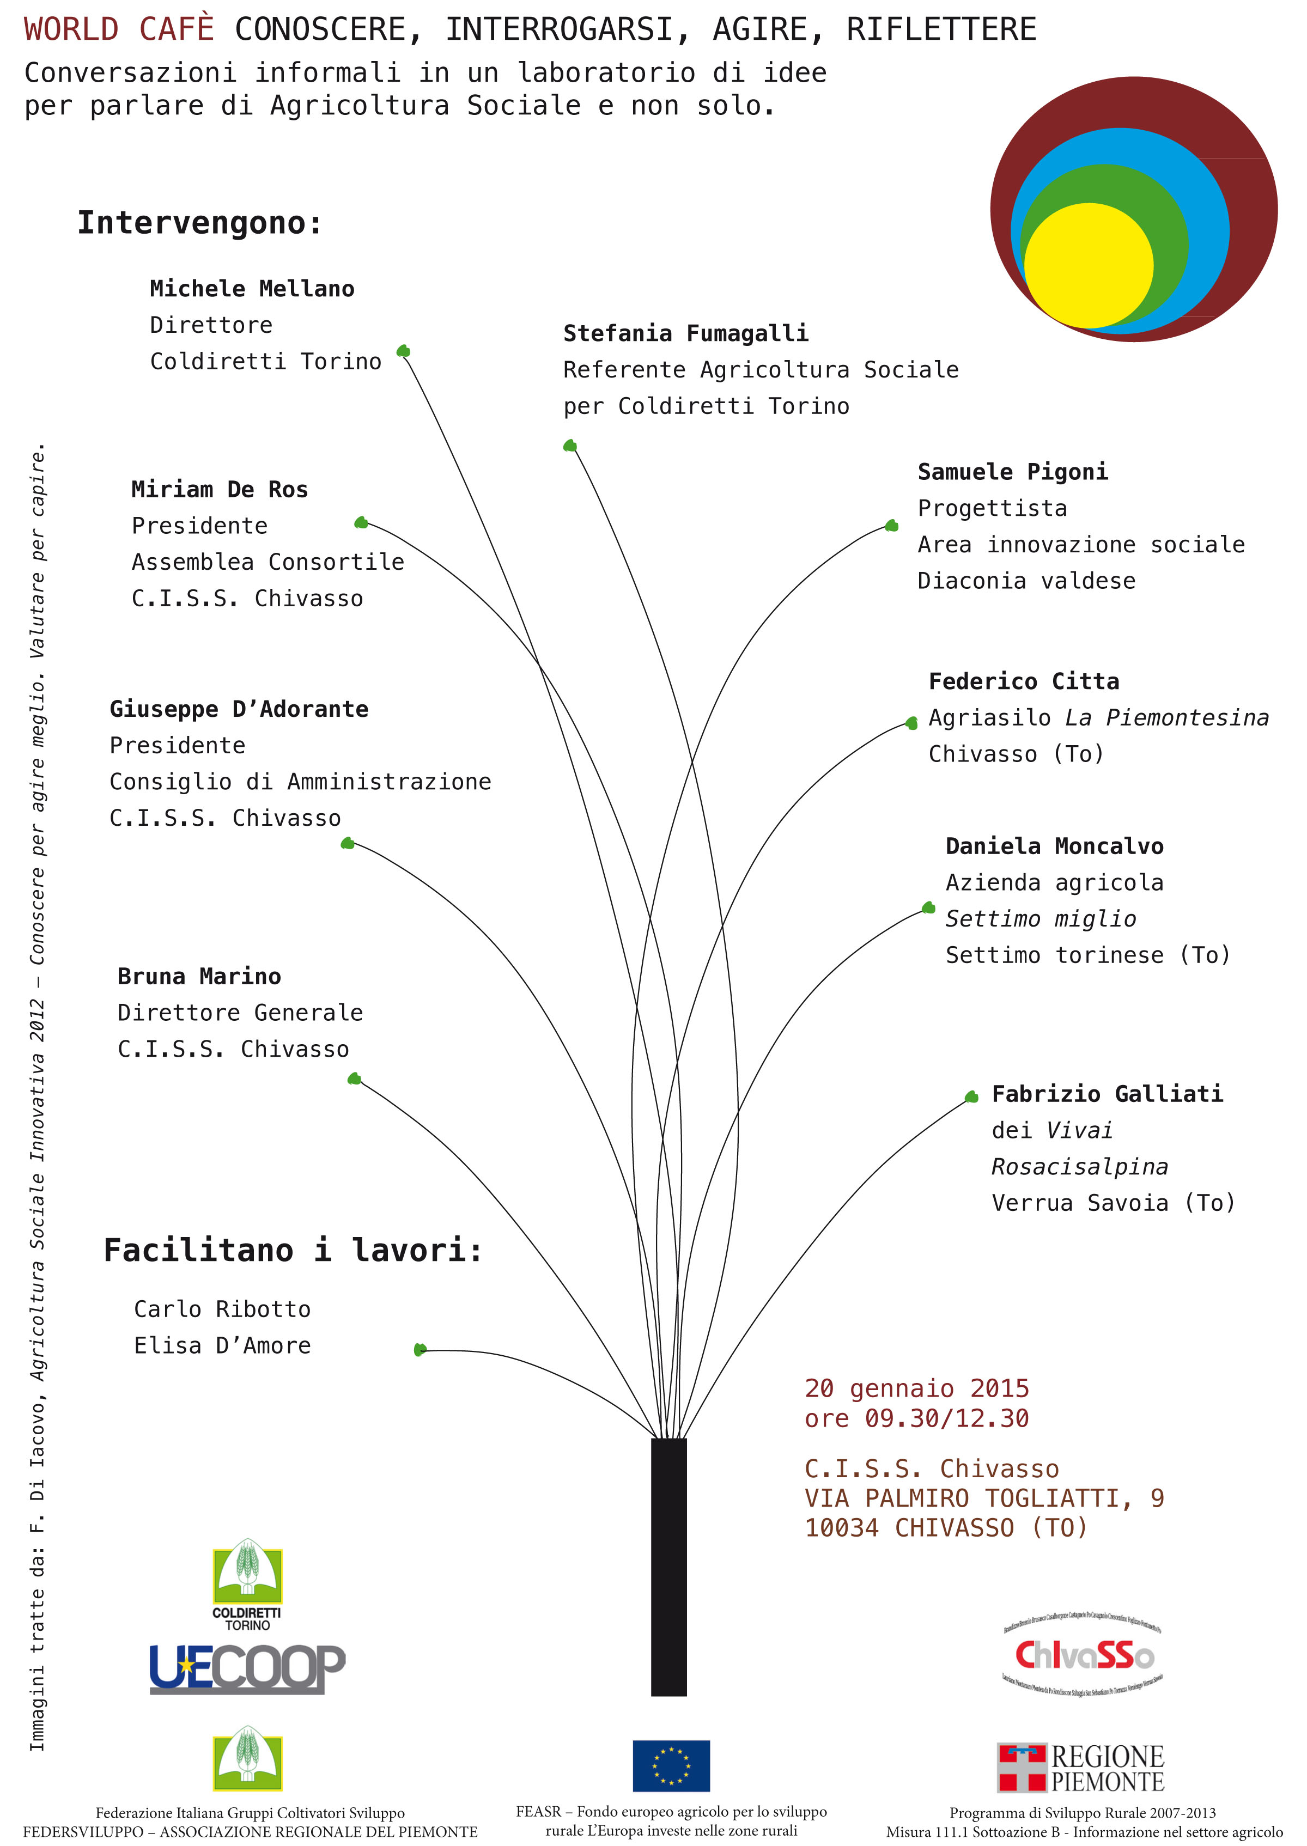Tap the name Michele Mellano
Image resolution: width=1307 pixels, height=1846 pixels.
[x=252, y=289]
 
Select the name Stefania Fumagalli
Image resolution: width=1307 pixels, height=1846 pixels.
[x=686, y=333]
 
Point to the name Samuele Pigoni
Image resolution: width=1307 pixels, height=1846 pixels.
[x=1012, y=472]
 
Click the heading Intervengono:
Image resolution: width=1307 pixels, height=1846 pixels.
[x=199, y=223]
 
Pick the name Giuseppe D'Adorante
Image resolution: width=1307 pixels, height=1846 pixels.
[x=239, y=709]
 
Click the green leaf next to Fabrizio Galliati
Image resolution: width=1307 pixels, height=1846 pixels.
[x=971, y=1097]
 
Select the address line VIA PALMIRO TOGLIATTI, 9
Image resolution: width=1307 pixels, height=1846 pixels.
[x=983, y=1497]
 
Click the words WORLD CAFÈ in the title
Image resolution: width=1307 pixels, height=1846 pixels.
[x=119, y=30]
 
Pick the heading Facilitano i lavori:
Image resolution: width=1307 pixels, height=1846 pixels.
[x=293, y=1251]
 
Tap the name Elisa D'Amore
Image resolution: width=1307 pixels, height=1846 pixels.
[x=222, y=1345]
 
